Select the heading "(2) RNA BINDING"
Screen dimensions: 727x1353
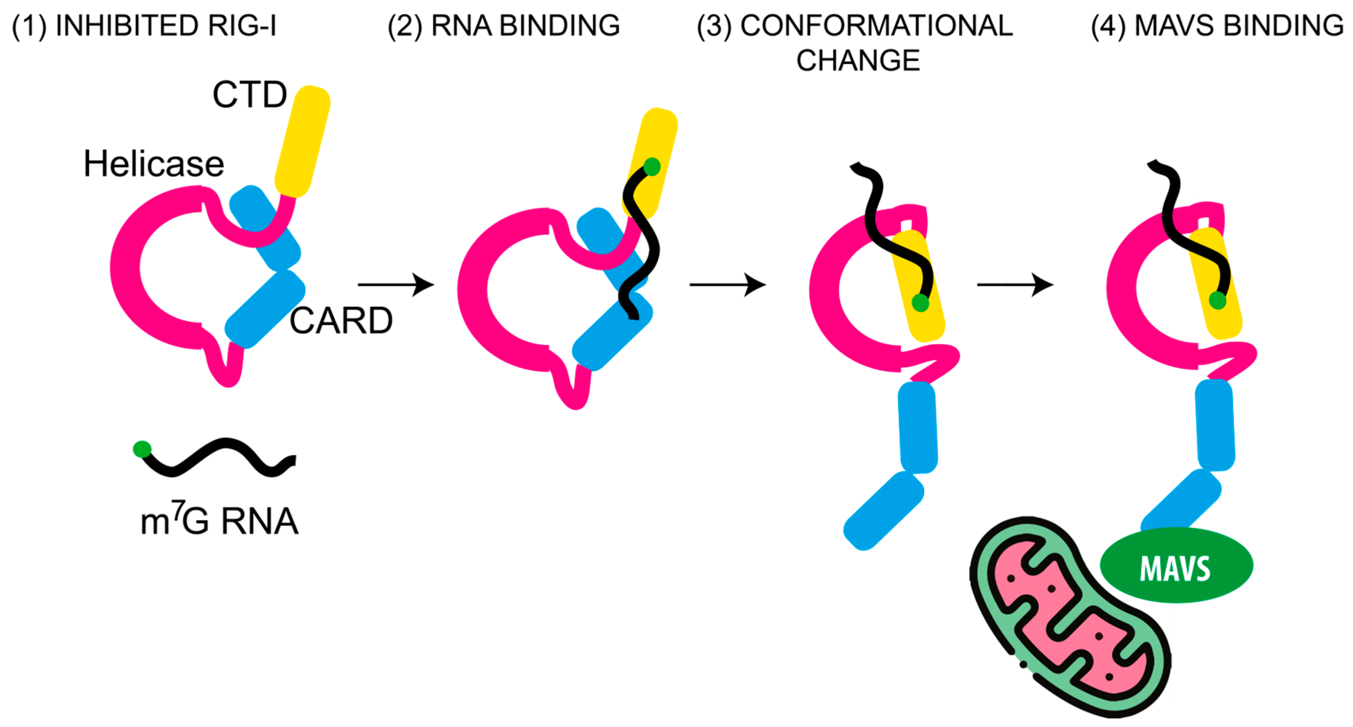504,26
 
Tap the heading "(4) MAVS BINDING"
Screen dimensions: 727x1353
1217,26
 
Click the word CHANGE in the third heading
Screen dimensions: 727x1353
858,61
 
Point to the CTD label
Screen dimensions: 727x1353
249,95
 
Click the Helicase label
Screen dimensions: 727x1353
154,164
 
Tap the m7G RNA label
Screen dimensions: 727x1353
219,521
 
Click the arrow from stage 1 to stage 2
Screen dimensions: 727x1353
396,285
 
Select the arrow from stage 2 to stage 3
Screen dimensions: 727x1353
727,285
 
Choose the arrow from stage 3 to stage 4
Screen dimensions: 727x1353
1015,285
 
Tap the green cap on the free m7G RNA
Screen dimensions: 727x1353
142,449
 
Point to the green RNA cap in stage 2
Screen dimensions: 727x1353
652,167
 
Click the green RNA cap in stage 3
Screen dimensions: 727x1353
920,303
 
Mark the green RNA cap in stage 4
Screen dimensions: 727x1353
1218,301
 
